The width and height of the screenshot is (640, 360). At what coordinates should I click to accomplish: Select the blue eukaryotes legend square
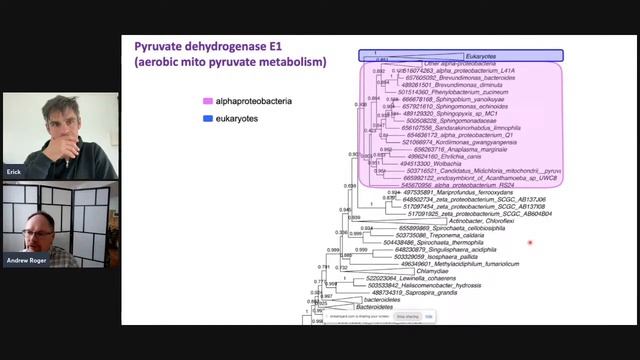point(204,119)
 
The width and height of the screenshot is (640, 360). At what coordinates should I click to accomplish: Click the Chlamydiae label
point(416,270)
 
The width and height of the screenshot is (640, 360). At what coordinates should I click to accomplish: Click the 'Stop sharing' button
point(406,316)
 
